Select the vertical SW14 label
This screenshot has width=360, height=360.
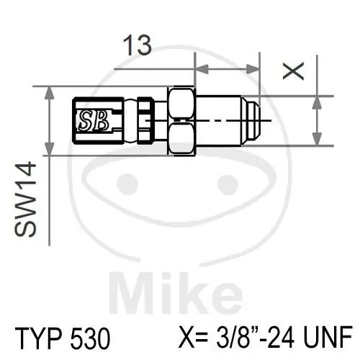pyautogui.click(x=27, y=208)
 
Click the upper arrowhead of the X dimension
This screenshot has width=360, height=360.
pyautogui.click(x=316, y=100)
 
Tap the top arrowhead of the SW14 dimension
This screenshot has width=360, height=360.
pyautogui.click(x=50, y=91)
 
